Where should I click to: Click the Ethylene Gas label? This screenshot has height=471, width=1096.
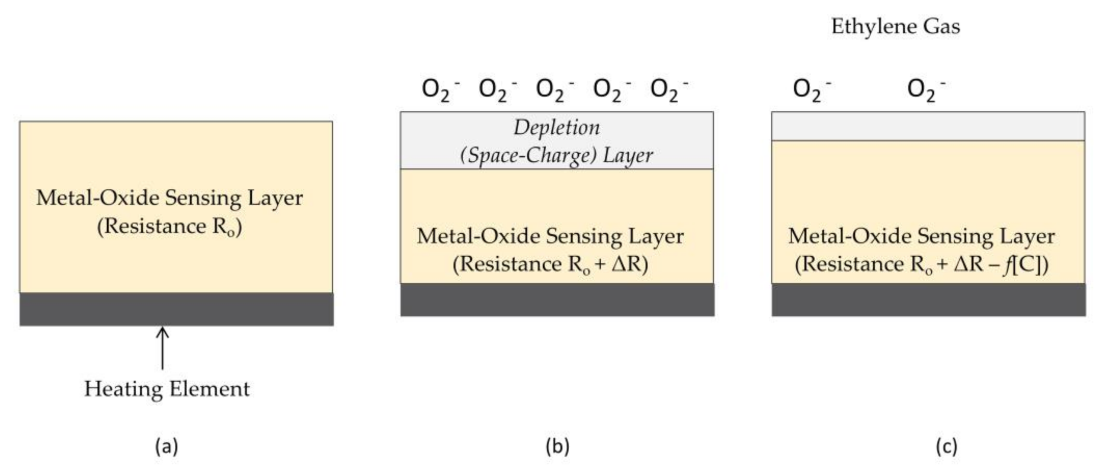pos(895,27)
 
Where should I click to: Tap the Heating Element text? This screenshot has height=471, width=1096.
pos(167,389)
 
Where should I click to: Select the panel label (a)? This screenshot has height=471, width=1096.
pos(167,446)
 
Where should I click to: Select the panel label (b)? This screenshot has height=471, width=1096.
pos(557,446)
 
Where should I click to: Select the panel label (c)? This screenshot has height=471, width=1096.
pos(946,446)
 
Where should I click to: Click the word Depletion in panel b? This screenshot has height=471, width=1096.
pos(557,128)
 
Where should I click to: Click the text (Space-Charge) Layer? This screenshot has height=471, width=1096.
pos(557,155)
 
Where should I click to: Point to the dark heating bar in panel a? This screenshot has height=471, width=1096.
pos(176,309)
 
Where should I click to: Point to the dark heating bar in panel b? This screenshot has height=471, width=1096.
pos(557,300)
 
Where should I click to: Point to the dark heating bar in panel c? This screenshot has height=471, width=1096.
pos(929,300)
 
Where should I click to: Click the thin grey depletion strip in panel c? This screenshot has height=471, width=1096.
pos(928,126)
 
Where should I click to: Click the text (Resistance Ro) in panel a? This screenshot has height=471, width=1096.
pos(170,226)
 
